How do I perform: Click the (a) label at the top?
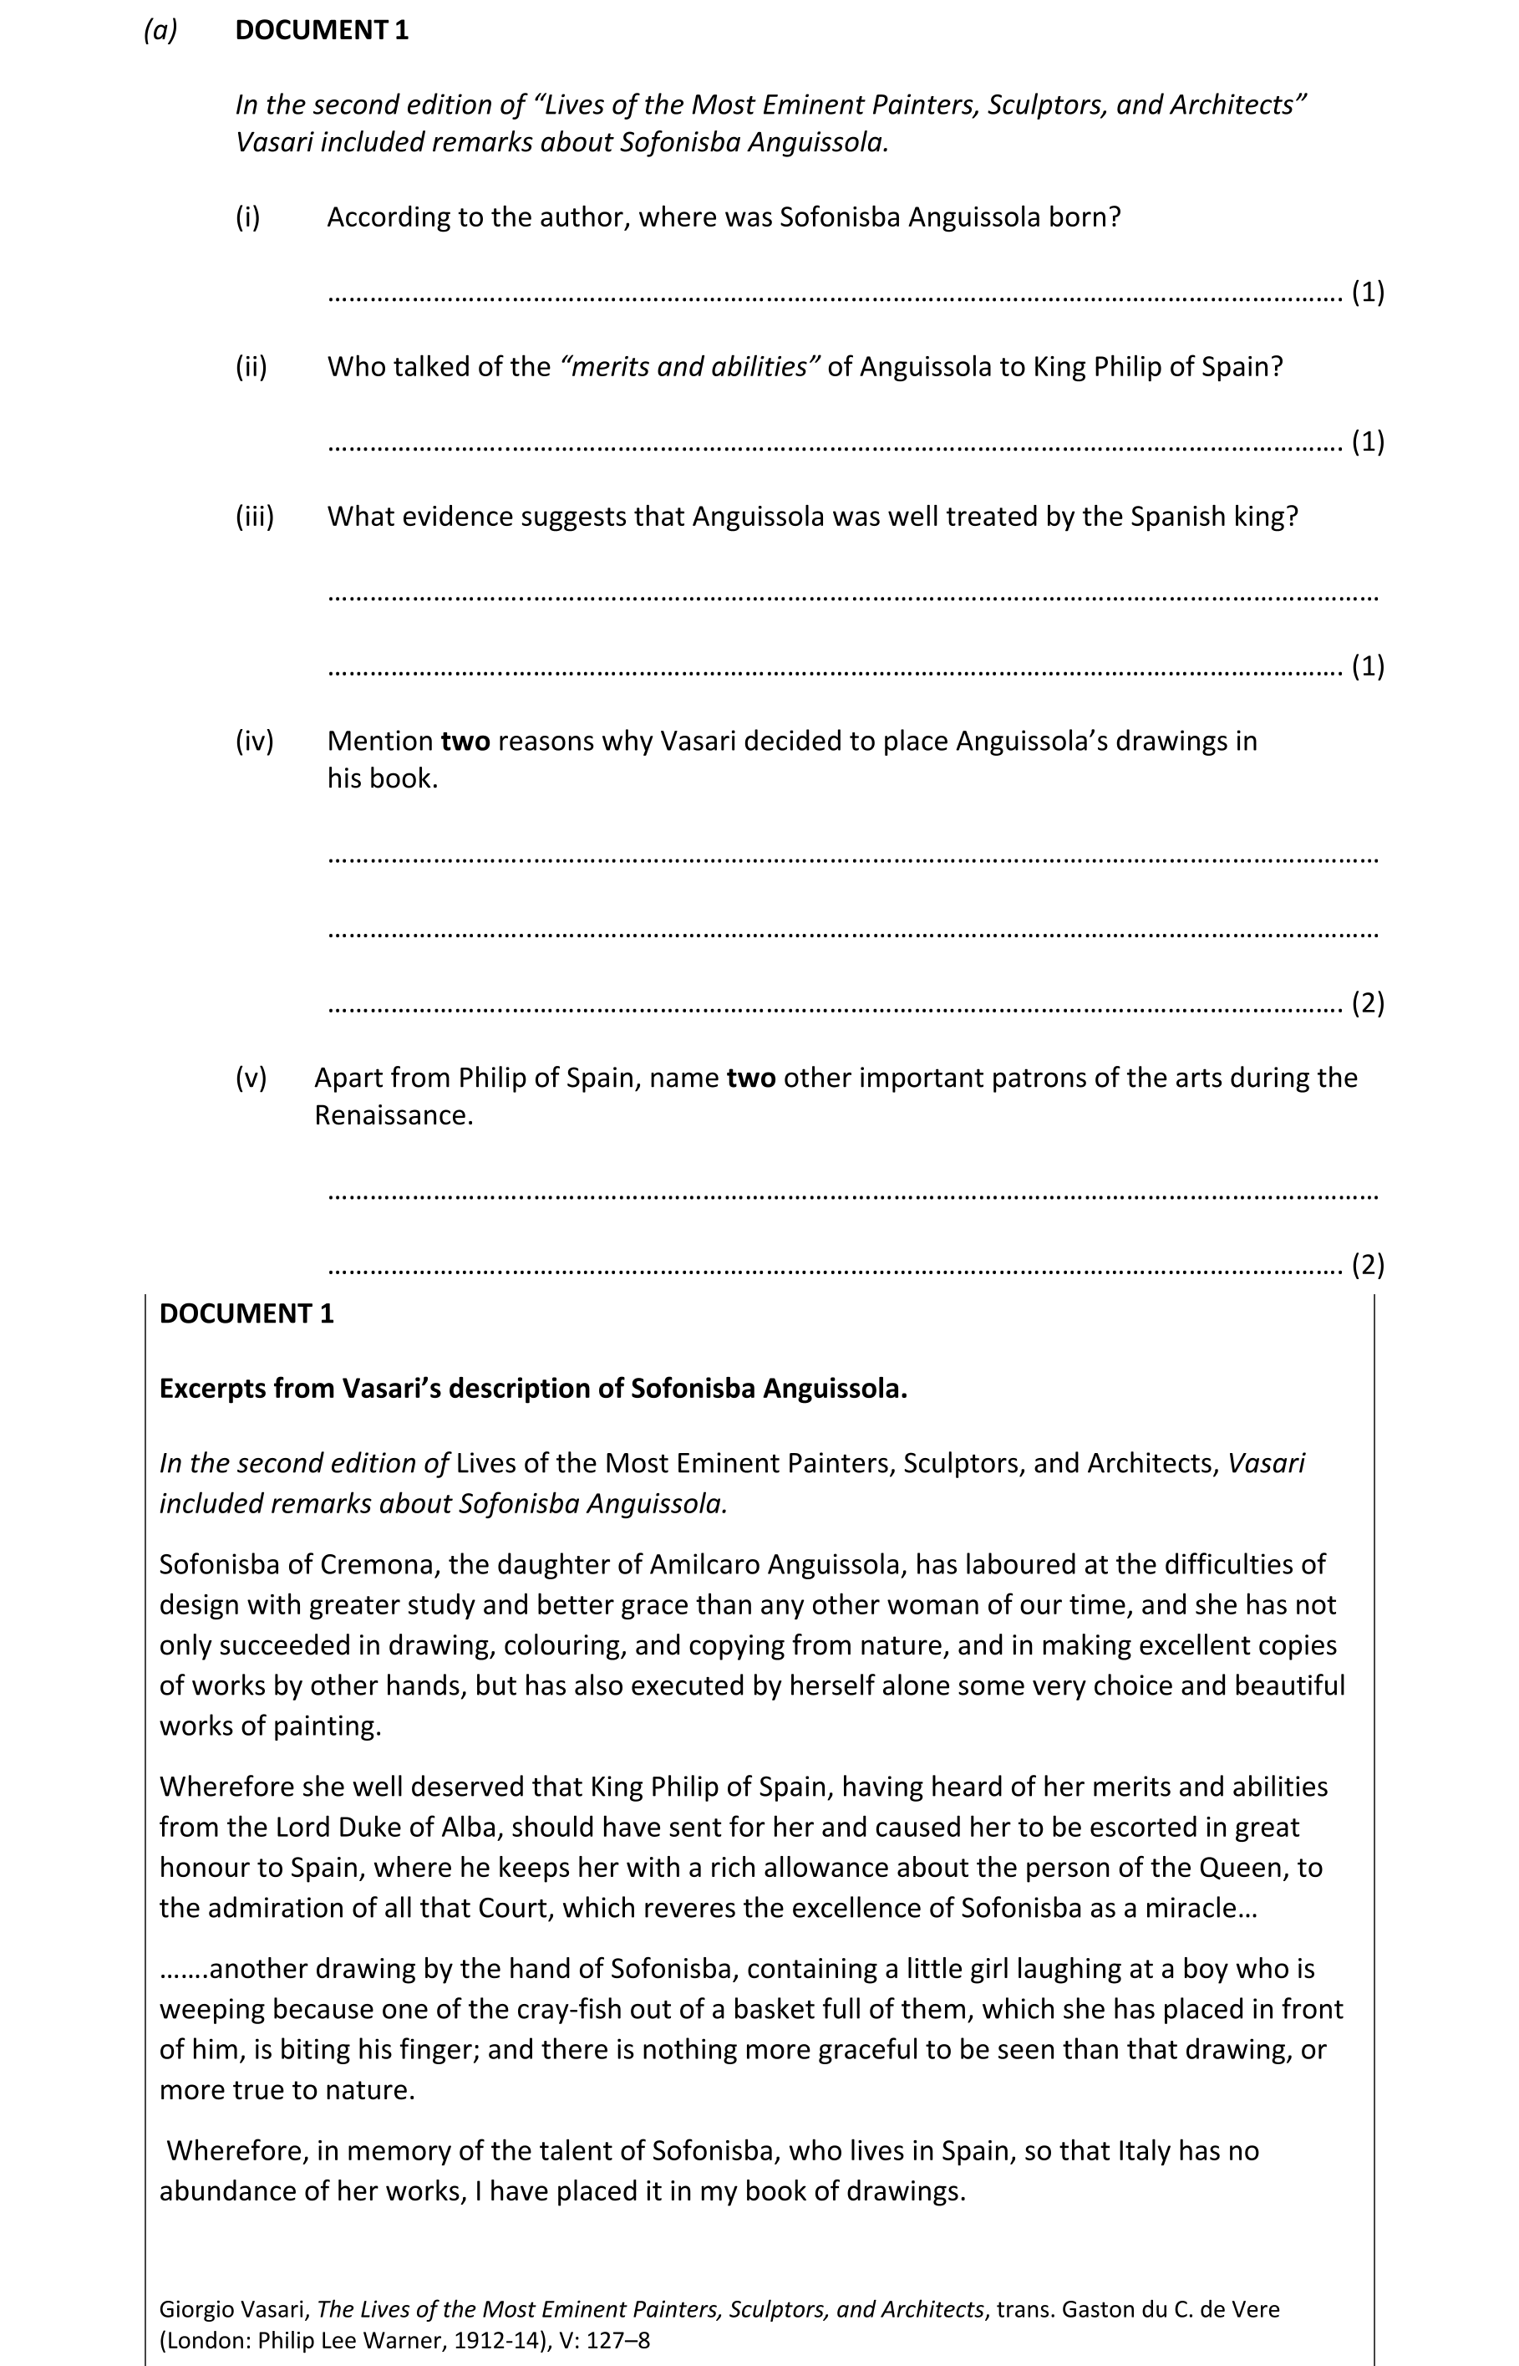coord(160,31)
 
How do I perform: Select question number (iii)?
coord(255,516)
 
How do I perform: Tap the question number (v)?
coord(251,1078)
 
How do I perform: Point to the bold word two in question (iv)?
coord(465,741)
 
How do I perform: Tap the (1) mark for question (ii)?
coord(1367,442)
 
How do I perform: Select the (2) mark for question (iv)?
coord(1367,1003)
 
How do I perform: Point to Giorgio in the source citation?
coord(197,2309)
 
